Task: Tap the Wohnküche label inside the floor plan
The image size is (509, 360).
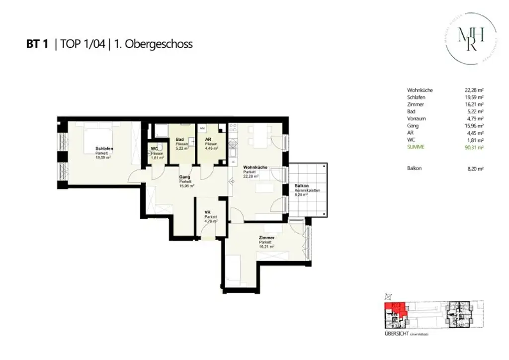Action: [254, 168]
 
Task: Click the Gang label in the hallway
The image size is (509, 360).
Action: [184, 177]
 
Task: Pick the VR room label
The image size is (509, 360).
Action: [208, 212]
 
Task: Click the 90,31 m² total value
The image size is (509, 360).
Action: [474, 148]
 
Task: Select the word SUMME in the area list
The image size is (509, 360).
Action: [416, 148]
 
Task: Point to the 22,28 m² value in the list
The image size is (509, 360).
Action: [474, 90]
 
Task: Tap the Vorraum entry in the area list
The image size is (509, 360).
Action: [417, 119]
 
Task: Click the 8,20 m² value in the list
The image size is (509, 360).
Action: [475, 169]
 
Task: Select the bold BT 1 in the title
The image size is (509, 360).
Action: [37, 44]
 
